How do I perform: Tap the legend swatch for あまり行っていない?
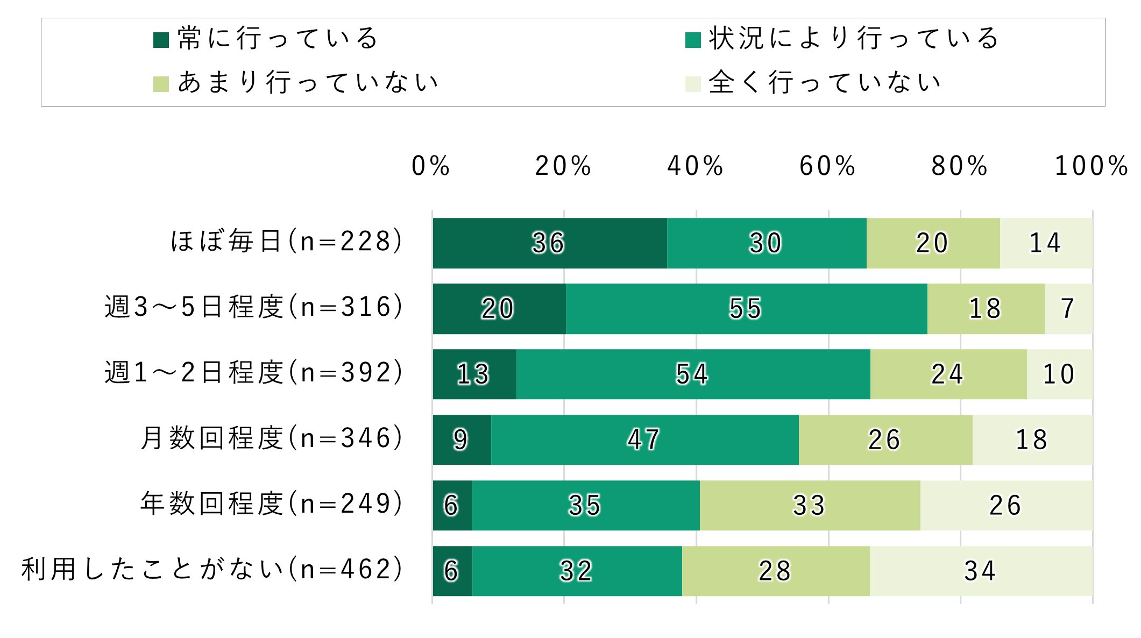pos(161,84)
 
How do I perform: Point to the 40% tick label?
pos(695,166)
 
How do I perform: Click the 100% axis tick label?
pos(1091,166)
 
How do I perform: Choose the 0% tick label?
pos(430,166)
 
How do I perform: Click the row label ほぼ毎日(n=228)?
pos(287,241)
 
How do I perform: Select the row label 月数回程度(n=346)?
pos(272,438)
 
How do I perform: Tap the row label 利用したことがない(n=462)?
pos(212,569)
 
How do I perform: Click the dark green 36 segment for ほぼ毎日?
pos(549,243)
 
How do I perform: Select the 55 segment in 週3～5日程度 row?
pos(746,309)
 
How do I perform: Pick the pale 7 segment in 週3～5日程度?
pos(1068,309)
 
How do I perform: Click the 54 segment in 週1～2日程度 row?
pos(693,374)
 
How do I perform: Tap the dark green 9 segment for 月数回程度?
pos(462,440)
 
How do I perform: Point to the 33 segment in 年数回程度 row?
pos(810,506)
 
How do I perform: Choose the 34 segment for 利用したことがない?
pos(980,571)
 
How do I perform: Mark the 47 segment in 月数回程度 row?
pos(644,440)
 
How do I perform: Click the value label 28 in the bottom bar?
pos(775,571)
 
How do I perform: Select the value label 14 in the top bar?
pos(1045,243)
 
